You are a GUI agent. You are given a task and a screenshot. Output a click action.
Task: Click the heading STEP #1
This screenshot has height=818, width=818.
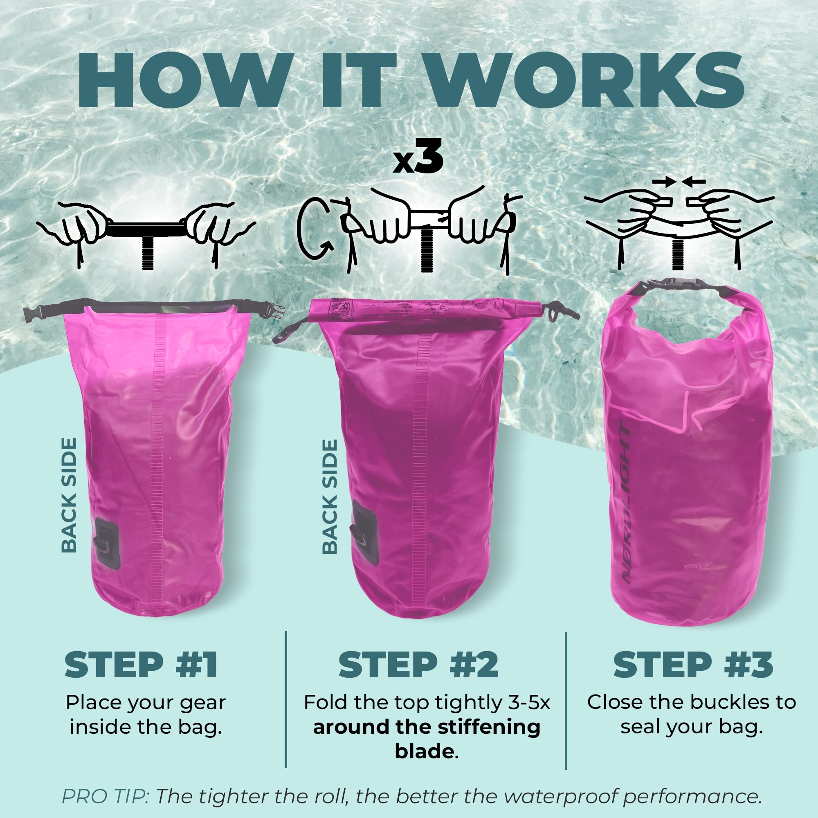tap(141, 665)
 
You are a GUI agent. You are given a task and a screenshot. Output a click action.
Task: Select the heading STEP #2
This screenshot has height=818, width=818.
tap(418, 665)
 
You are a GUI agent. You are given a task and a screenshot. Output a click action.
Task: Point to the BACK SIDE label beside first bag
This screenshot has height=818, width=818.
tap(69, 495)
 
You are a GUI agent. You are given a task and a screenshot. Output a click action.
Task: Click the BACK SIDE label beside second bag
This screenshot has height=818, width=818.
tap(330, 497)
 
